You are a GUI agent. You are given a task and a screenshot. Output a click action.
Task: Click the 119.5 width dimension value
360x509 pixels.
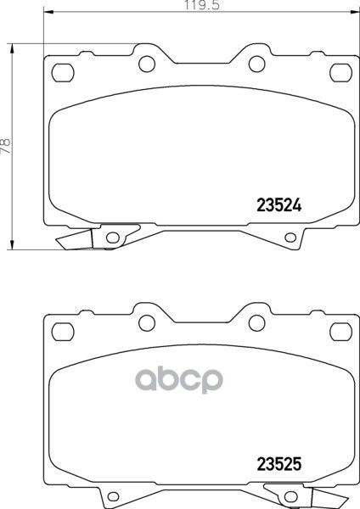[202, 5]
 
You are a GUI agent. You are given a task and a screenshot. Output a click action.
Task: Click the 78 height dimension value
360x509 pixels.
[6, 146]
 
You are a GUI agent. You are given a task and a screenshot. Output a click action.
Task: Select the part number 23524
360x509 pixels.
[279, 205]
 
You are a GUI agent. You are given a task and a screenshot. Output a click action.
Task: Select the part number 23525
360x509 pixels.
[279, 464]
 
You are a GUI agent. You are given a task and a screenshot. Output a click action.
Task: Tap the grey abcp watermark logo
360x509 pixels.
[179, 379]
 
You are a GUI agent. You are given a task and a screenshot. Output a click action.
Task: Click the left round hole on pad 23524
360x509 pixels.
[147, 64]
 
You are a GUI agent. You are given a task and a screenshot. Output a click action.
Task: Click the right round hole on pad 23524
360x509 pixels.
[256, 64]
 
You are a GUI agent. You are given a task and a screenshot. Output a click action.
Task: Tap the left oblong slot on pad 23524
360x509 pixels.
[63, 72]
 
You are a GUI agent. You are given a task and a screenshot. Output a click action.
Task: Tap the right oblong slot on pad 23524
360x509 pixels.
[340, 72]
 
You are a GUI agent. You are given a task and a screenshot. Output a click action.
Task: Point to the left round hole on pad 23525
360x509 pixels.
[147, 323]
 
